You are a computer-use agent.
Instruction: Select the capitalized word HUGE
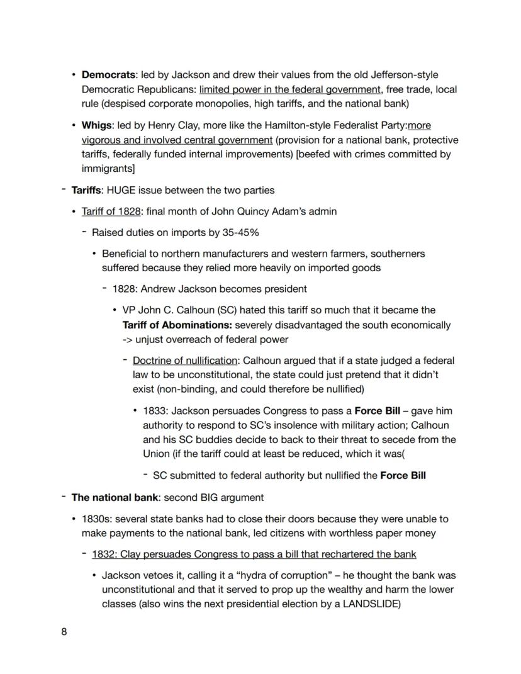click(121, 190)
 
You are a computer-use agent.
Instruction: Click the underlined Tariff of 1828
click(111, 211)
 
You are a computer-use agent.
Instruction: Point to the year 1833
click(155, 411)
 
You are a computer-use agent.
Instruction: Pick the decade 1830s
click(96, 519)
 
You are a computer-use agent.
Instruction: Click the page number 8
click(64, 632)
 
